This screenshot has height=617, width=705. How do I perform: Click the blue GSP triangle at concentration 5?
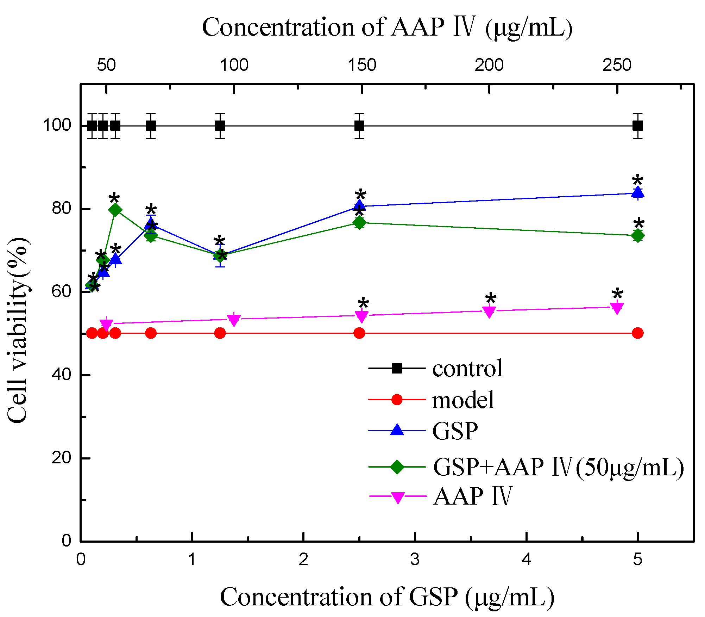coord(637,193)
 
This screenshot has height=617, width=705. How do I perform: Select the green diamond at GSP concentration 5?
coord(637,236)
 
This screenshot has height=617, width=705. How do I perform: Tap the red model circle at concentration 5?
coord(637,333)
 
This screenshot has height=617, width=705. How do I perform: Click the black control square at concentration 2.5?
coord(359,125)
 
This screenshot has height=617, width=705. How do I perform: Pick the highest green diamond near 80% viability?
coord(115,210)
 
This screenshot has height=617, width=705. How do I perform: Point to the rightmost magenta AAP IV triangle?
coord(617,308)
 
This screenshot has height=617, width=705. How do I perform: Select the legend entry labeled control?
coord(467,369)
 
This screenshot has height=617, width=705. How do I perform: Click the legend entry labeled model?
coord(463,400)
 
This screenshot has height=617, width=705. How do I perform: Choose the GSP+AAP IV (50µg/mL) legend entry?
coord(558,467)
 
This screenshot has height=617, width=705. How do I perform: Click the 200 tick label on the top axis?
coord(489,65)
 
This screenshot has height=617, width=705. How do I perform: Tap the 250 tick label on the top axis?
coord(617,65)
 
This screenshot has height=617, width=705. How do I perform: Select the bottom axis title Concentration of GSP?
coord(387,597)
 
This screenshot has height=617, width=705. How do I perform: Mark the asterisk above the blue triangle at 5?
coord(637,181)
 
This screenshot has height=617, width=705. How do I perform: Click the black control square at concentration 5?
coord(637,125)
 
